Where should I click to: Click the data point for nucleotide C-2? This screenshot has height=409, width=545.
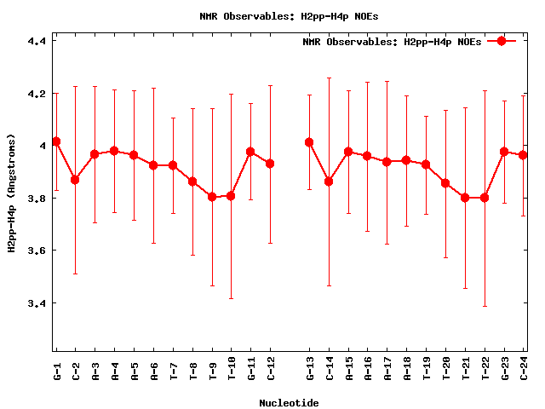point(75,180)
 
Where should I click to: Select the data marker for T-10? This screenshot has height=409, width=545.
point(231,196)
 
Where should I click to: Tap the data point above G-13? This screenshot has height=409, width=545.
point(309,142)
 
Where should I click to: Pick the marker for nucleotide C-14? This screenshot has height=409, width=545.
point(329,181)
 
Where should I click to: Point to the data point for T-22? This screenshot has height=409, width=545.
point(485,198)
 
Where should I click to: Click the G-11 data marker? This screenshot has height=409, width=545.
point(250,152)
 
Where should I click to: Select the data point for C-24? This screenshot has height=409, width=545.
point(524,155)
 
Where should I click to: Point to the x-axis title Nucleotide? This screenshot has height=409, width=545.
point(290,403)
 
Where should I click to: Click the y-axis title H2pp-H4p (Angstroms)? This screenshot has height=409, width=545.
point(12,192)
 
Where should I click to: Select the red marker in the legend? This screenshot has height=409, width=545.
point(502,41)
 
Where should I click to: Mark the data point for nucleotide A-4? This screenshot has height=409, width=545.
point(114,151)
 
